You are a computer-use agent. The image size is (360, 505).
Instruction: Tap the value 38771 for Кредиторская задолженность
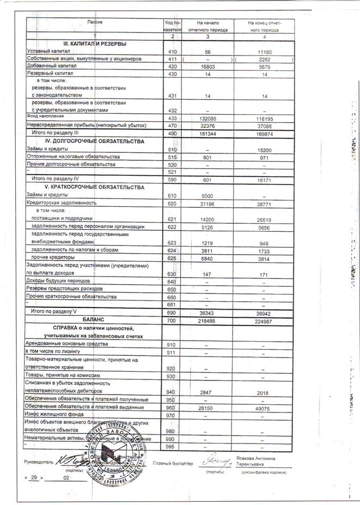click(x=264, y=203)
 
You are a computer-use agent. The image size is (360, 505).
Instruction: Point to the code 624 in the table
click(x=173, y=250)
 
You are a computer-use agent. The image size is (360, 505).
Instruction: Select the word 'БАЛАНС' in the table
click(x=93, y=319)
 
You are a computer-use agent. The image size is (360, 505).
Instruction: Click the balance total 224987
click(x=264, y=321)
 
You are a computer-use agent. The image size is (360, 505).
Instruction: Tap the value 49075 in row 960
click(x=264, y=407)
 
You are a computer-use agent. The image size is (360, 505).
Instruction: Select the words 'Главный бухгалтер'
click(x=173, y=464)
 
